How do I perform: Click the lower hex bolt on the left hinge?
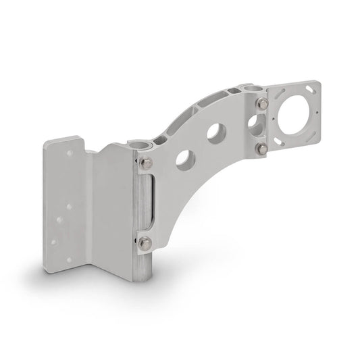coord(145,241)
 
